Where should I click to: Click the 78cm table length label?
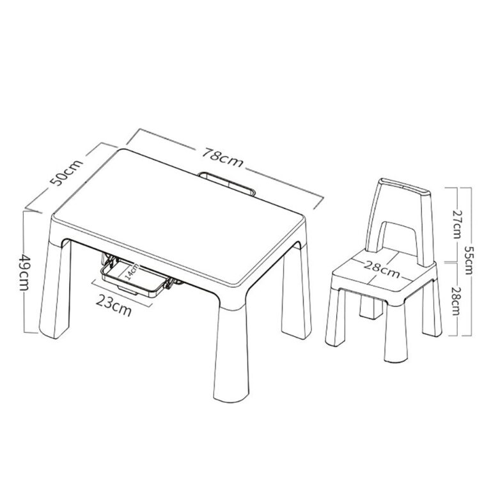click(x=222, y=157)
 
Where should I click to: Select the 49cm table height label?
click(x=24, y=272)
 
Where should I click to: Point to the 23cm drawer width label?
click(x=114, y=305)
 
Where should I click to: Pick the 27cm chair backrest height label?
click(x=458, y=224)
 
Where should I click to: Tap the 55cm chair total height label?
click(x=469, y=260)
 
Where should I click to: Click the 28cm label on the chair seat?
click(x=382, y=269)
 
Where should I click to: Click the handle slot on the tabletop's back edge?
click(x=228, y=183)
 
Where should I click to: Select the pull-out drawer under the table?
click(x=135, y=276)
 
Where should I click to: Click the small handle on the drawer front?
click(x=127, y=290)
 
